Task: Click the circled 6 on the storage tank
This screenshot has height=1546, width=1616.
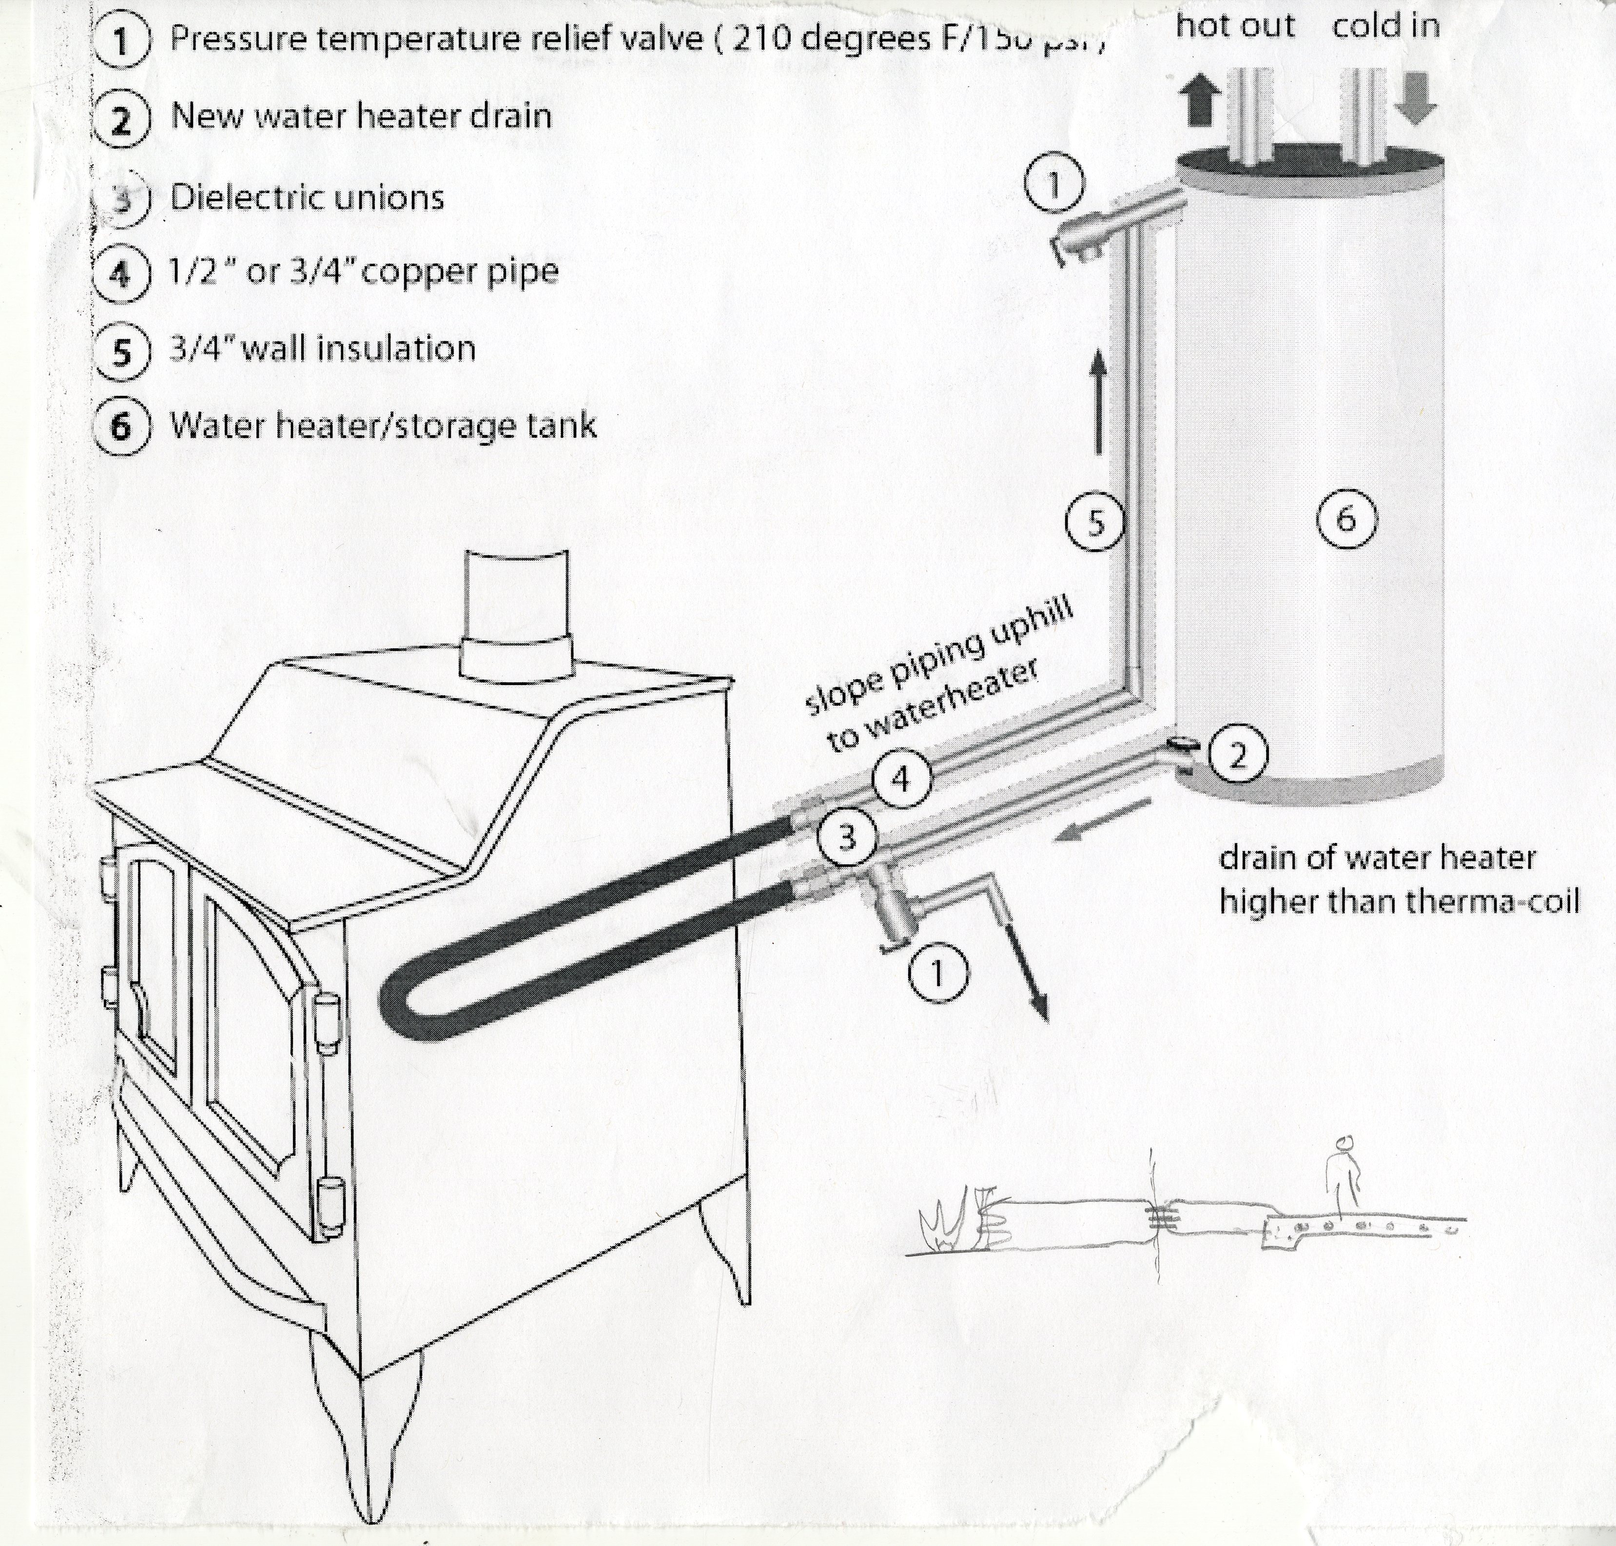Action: click(1346, 518)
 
